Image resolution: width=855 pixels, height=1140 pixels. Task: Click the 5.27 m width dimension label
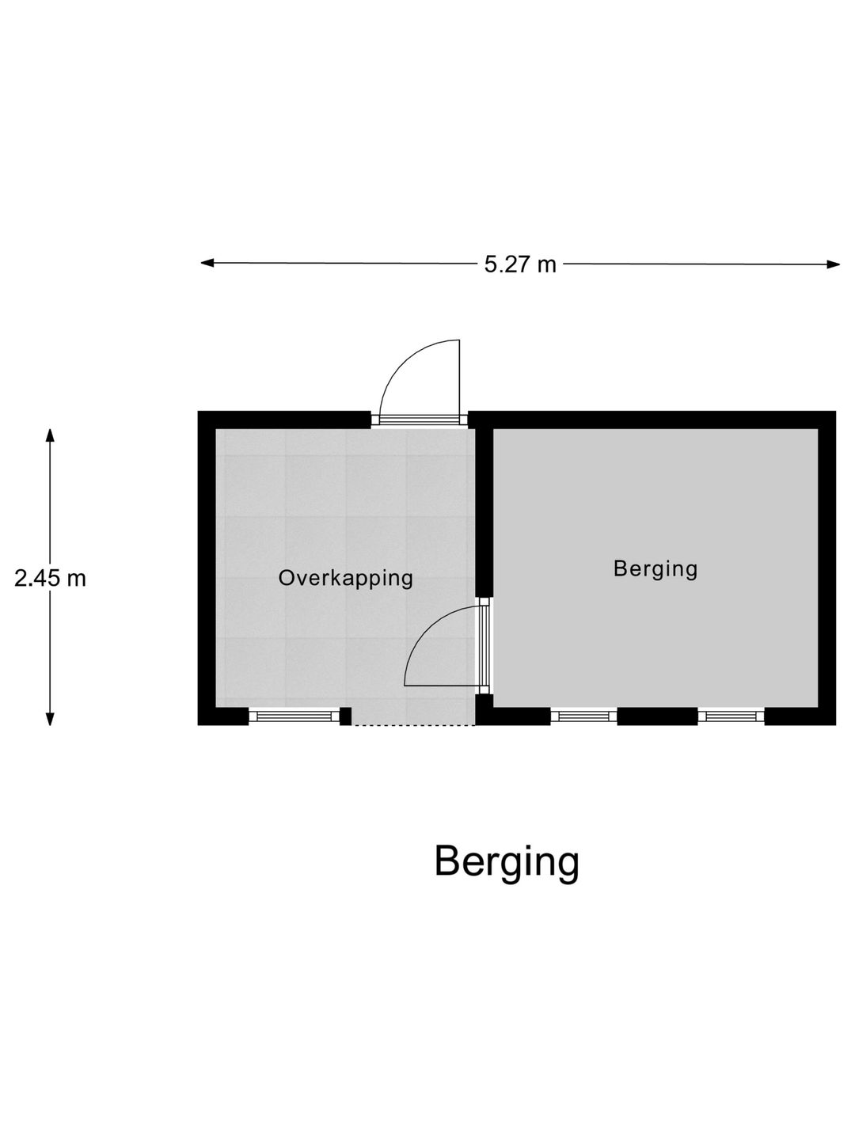tap(520, 264)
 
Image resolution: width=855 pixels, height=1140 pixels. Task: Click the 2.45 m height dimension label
tap(50, 579)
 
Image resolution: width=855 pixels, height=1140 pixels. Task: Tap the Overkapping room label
tap(345, 578)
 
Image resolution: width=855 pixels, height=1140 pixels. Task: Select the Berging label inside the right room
tap(655, 568)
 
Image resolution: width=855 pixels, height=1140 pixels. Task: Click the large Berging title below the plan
tap(507, 862)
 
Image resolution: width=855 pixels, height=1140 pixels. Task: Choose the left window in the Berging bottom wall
tap(583, 716)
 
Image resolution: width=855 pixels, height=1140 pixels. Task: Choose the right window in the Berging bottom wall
tap(731, 716)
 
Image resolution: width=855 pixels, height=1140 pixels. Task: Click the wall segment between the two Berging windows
tap(657, 716)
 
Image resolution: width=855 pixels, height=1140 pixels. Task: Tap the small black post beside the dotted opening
tap(345, 716)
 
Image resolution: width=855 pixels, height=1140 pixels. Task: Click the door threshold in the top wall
tap(420, 420)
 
